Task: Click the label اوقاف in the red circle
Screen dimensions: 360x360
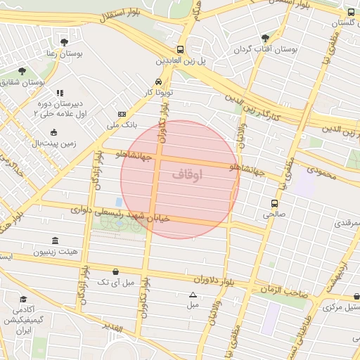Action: coord(186,174)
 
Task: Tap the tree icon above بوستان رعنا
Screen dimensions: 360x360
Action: coord(65,42)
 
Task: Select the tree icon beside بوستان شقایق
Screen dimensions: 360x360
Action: coord(22,71)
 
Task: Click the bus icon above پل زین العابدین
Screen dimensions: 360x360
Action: coord(181,50)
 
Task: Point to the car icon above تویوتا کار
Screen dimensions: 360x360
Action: coord(157,81)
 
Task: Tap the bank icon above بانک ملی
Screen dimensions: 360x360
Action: coord(122,114)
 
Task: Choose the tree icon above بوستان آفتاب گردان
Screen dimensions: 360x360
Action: coord(264,38)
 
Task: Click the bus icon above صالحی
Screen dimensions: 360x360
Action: coord(274,203)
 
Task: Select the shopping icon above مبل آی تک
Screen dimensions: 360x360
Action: coord(115,271)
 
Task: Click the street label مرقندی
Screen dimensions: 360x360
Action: coord(345,224)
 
